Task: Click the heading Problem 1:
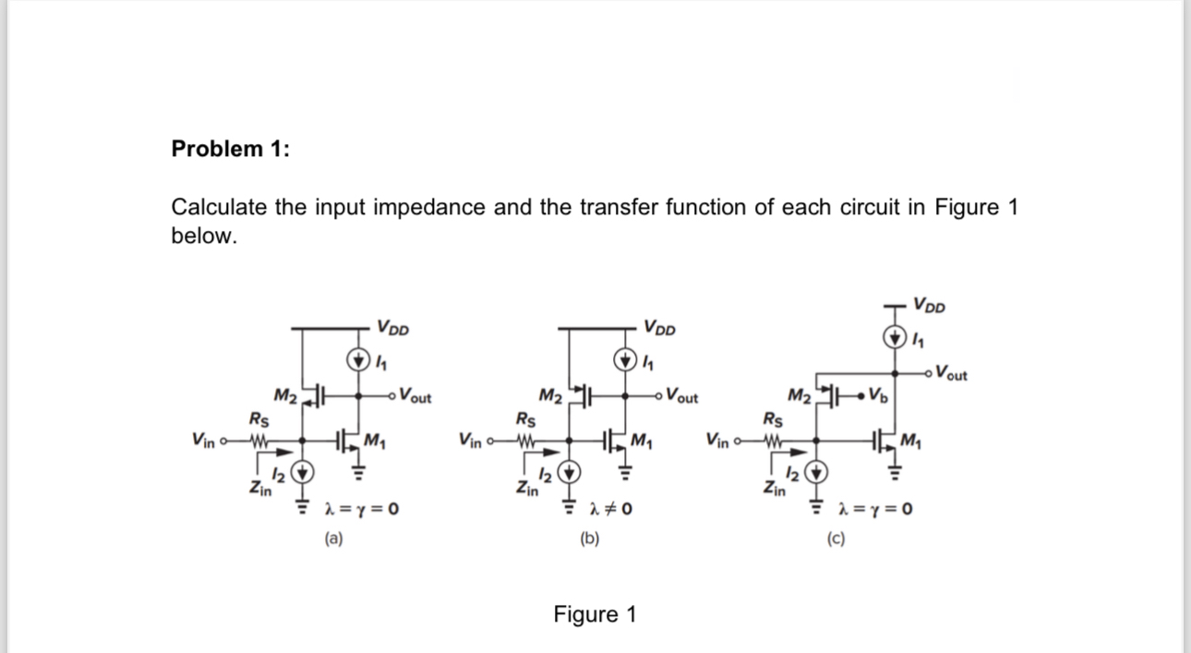pos(230,150)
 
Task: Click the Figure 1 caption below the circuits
pos(595,614)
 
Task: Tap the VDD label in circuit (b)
pos(659,327)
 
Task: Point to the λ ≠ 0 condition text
pos(610,509)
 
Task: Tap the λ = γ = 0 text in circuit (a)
pos(359,509)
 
